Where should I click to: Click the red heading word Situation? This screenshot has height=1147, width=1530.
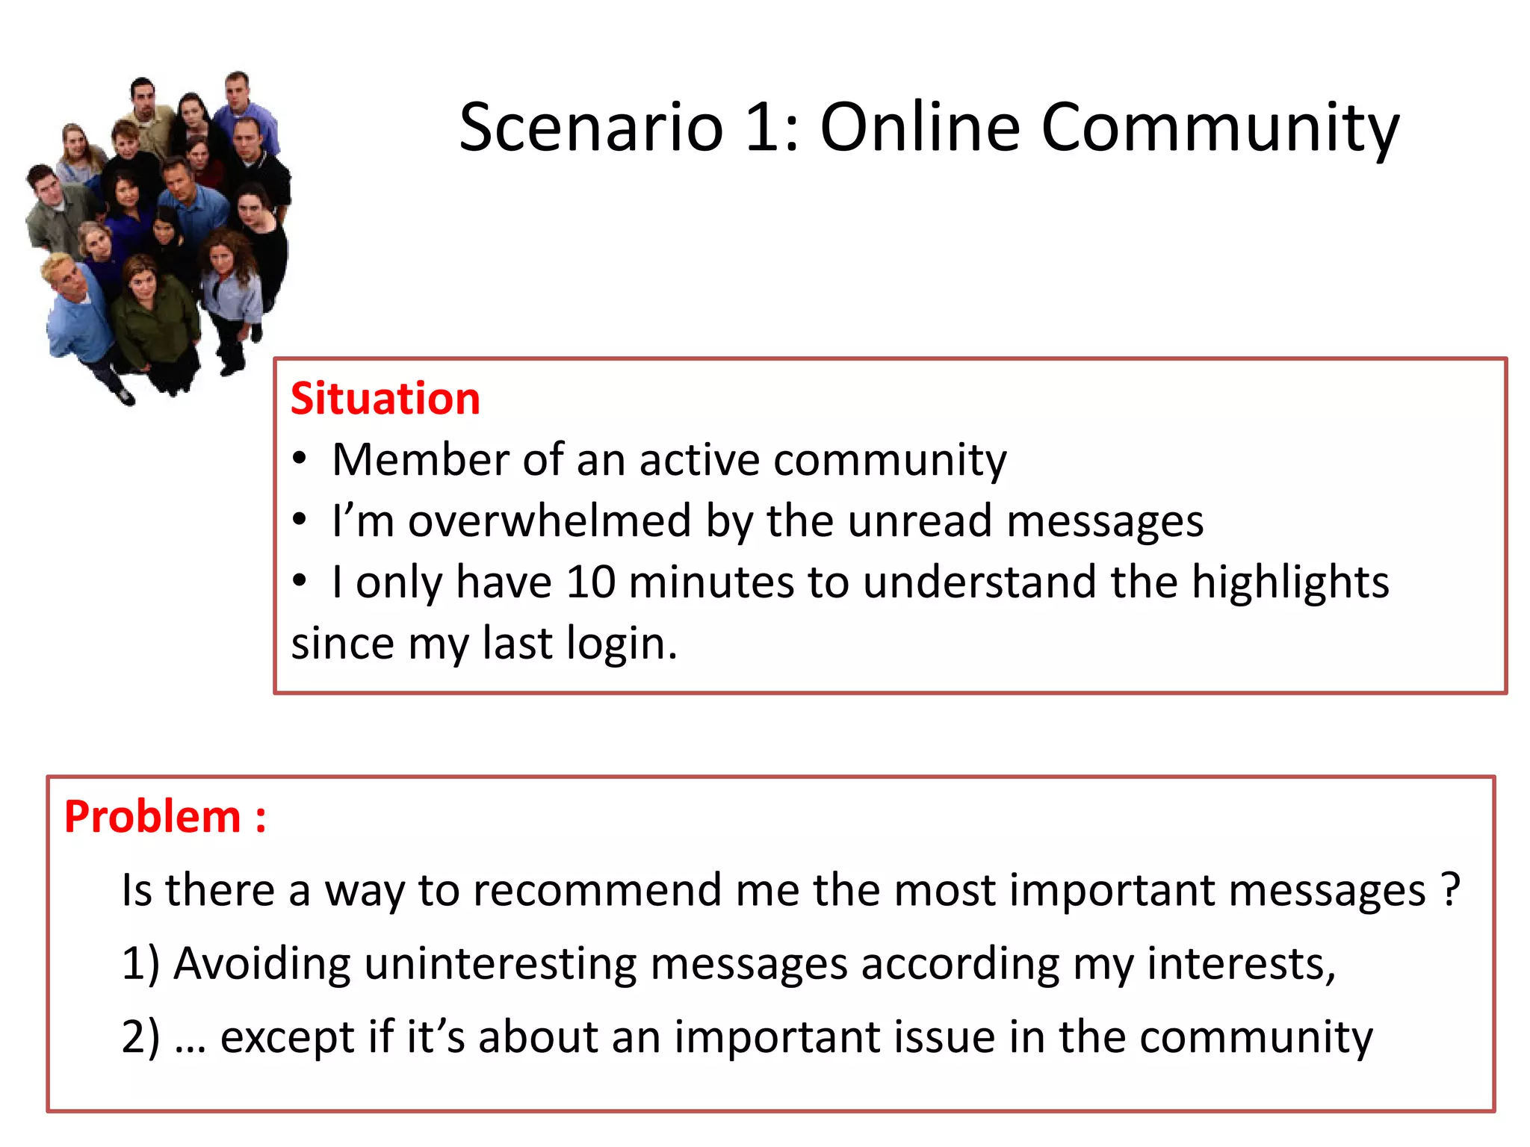tap(385, 398)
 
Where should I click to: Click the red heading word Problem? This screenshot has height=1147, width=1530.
tap(152, 816)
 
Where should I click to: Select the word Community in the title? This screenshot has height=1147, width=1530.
tap(1219, 128)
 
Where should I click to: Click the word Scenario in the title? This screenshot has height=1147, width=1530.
tap(591, 127)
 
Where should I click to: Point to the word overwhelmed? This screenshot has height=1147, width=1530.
tap(550, 520)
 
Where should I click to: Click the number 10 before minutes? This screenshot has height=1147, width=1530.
tap(590, 582)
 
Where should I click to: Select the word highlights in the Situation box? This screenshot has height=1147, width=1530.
tap(1289, 583)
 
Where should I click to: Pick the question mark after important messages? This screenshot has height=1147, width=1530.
tap(1450, 889)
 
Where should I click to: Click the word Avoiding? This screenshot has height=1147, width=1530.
tap(262, 964)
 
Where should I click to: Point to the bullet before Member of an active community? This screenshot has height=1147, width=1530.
tap(300, 459)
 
